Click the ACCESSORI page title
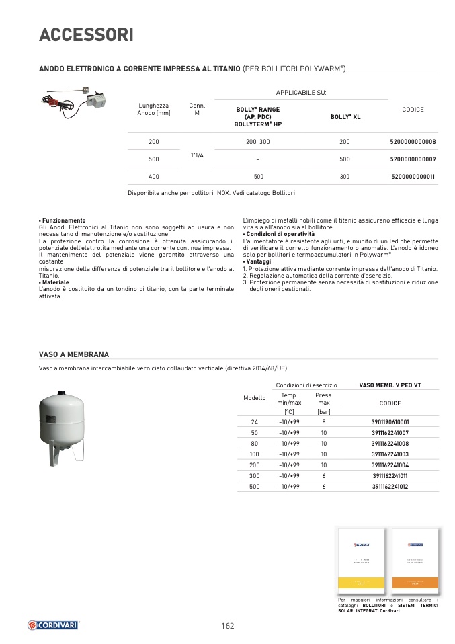(86, 35)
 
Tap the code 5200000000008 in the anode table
(413, 142)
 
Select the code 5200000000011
(413, 176)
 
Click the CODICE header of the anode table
(413, 110)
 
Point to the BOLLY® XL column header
(345, 116)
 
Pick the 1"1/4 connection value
(197, 155)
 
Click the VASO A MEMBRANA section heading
(74, 354)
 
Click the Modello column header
(254, 398)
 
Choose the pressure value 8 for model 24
(324, 422)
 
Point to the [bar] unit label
(324, 411)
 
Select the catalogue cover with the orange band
(415, 559)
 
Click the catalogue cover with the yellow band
(362, 559)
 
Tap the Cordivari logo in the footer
(53, 625)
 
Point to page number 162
(227, 626)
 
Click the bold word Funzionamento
(64, 220)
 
